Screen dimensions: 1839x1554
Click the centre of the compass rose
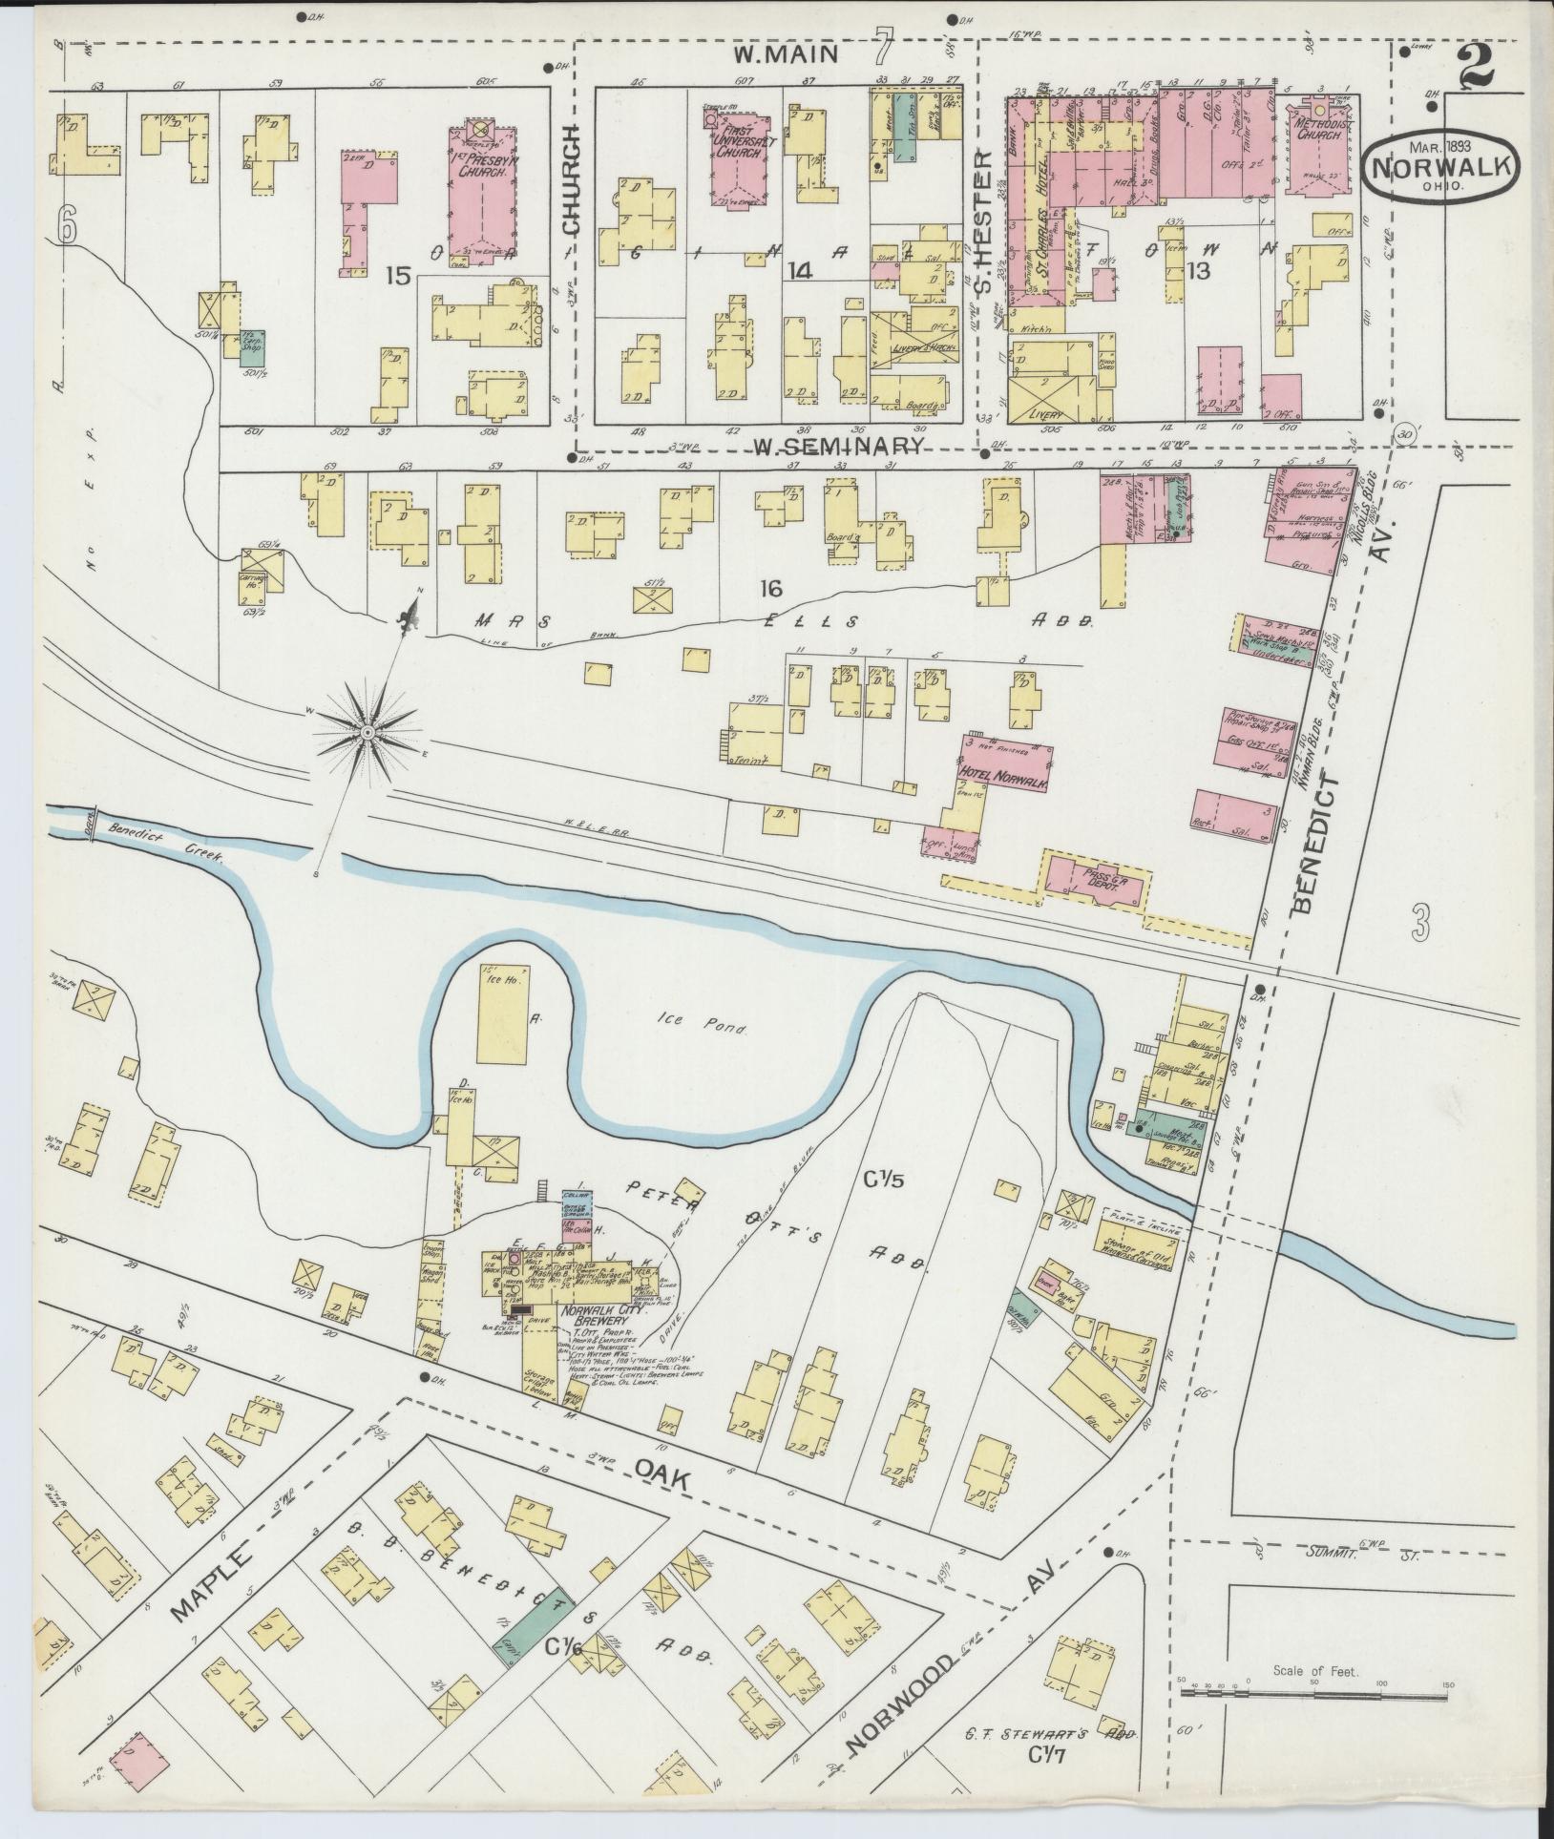pyautogui.click(x=367, y=732)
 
